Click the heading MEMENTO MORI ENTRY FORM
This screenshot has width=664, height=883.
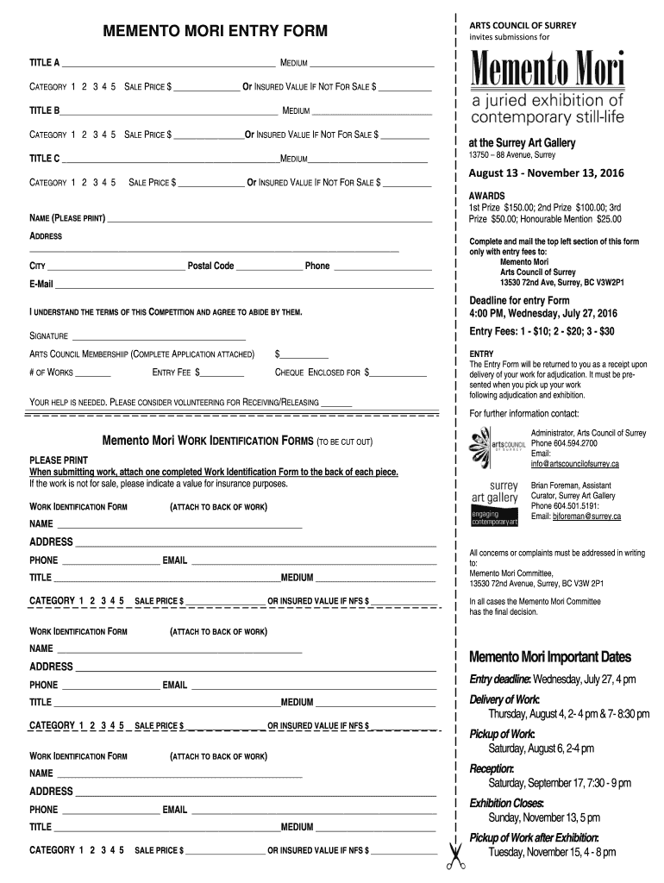(216, 32)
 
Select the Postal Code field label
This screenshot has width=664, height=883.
(210, 266)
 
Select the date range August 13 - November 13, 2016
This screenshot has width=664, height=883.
(547, 173)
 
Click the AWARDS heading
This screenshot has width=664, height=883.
(487, 196)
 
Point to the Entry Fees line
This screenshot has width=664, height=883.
(542, 331)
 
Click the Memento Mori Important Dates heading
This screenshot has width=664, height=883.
(549, 657)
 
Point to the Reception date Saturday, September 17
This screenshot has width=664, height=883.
(559, 783)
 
